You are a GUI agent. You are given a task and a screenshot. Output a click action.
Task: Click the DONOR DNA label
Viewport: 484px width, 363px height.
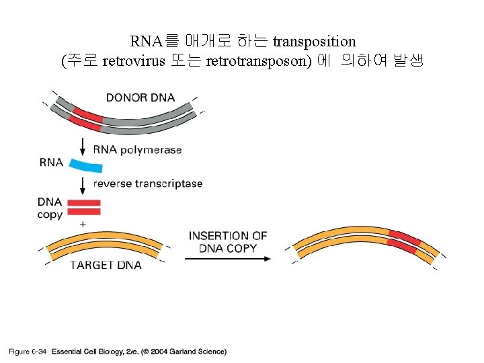140,97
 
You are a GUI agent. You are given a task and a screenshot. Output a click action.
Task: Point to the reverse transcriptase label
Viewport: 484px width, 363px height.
148,184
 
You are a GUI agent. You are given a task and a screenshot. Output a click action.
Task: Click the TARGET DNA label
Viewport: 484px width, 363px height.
106,265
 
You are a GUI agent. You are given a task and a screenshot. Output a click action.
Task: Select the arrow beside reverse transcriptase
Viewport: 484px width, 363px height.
83,184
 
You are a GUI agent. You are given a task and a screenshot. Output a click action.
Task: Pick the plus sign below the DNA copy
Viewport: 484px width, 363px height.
83,223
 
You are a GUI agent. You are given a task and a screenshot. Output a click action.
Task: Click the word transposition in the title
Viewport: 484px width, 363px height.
315,42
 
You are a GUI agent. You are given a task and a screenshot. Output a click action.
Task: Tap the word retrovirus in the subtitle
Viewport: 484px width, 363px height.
134,62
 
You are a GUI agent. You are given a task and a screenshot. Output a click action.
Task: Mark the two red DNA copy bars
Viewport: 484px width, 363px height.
85,207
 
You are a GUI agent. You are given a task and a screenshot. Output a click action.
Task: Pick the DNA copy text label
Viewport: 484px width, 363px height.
50,208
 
